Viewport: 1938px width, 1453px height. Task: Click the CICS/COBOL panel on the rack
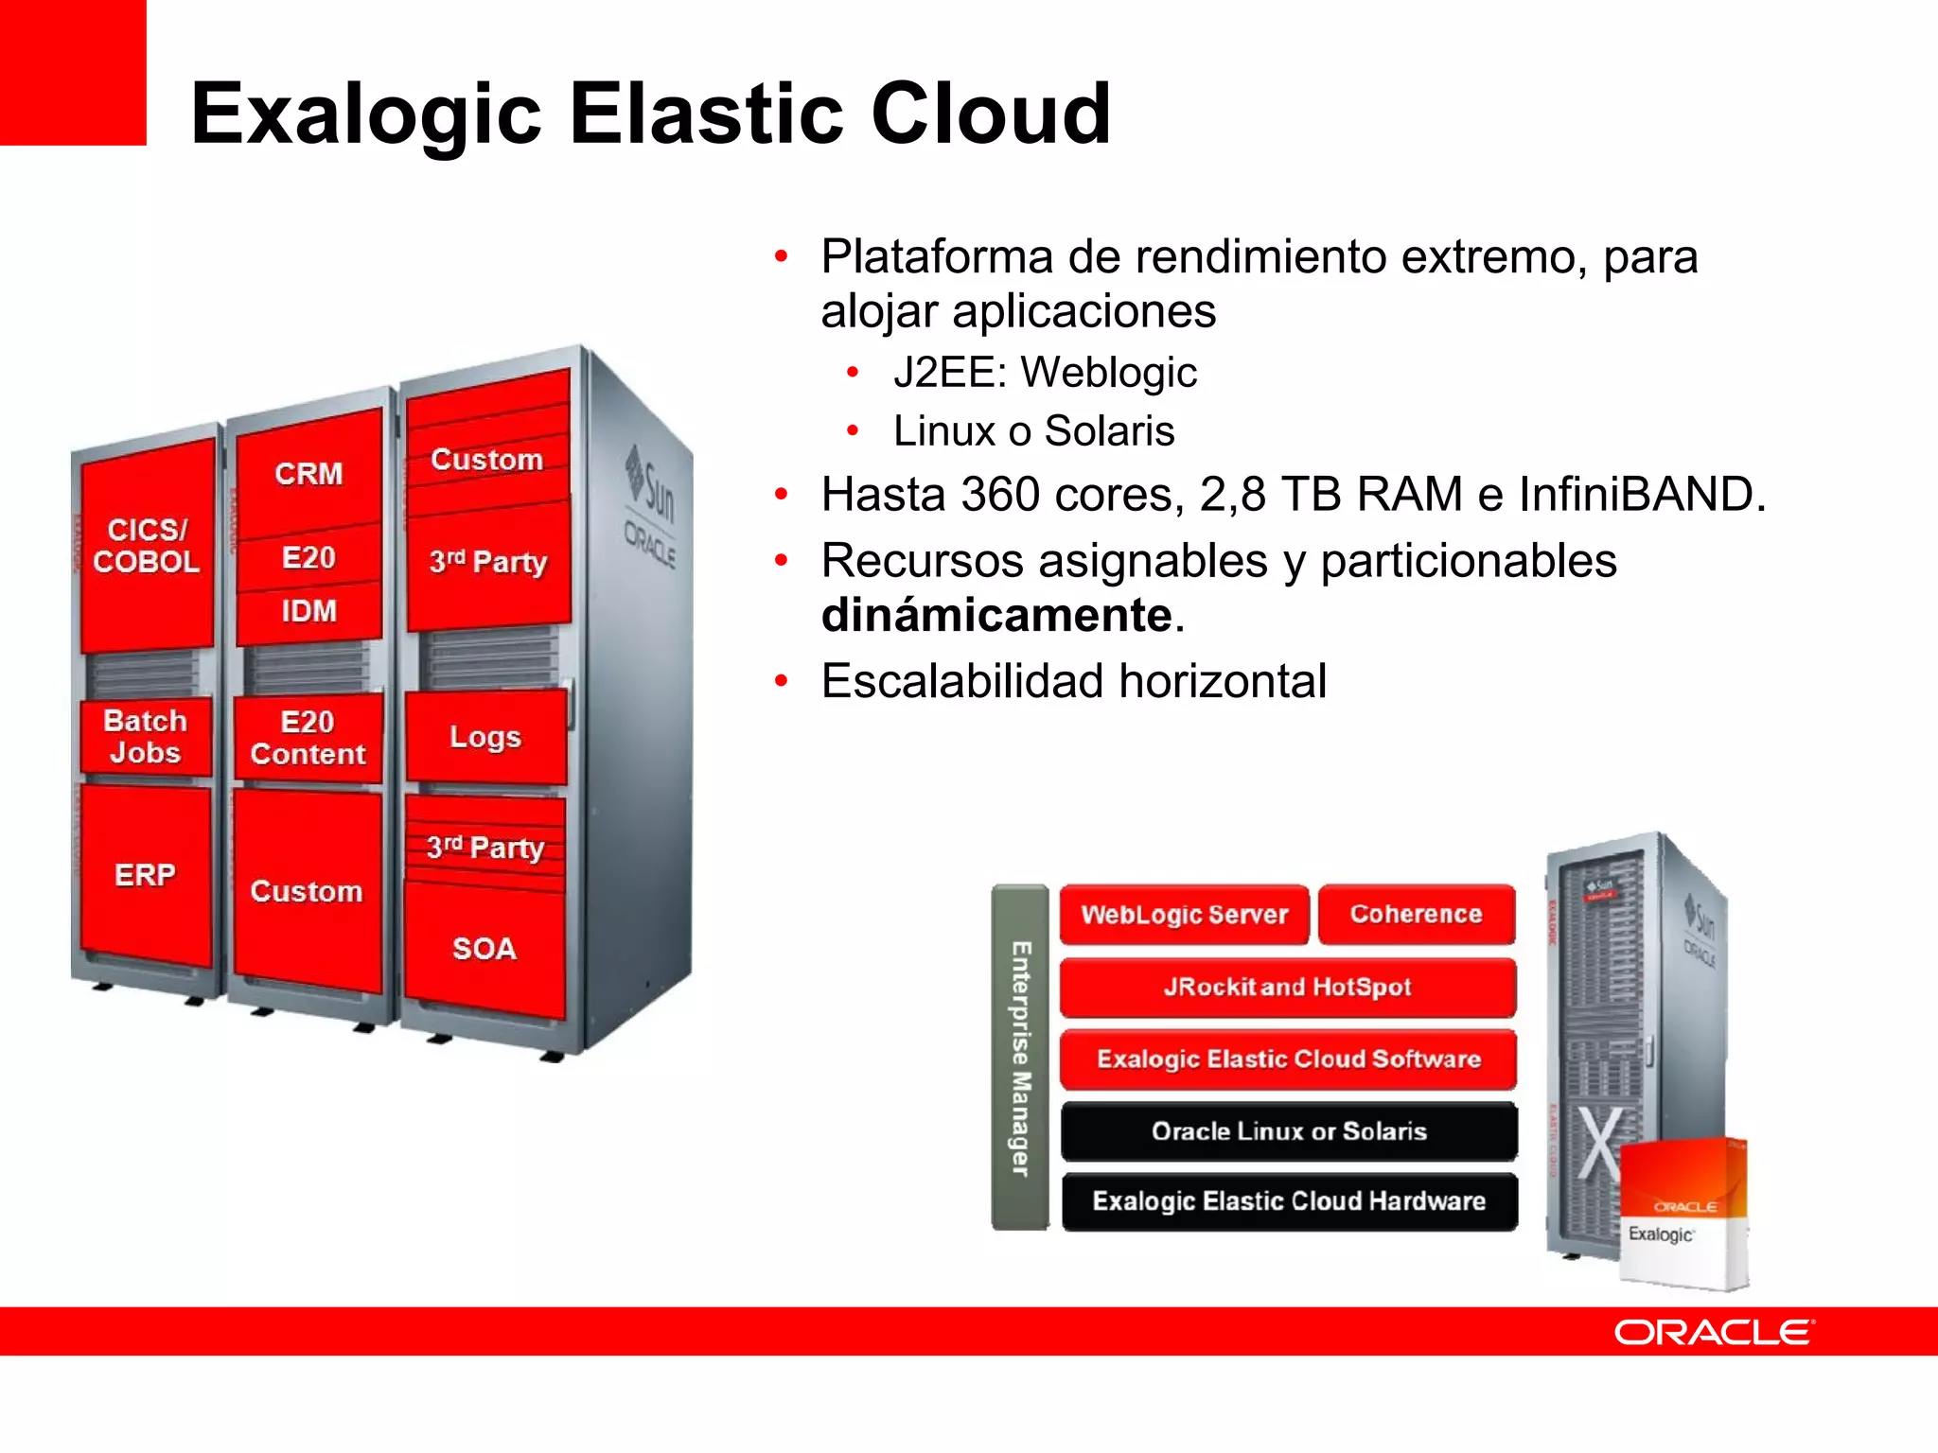(147, 546)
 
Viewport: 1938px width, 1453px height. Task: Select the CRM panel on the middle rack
(308, 473)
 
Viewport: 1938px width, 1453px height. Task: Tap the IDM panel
(308, 611)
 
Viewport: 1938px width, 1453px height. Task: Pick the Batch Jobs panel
(145, 737)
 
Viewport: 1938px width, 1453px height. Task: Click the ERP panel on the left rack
(145, 875)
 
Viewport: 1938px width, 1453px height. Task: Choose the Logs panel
(485, 737)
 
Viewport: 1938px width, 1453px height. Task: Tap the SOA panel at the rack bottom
(484, 949)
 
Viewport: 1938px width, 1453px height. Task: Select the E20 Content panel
(308, 738)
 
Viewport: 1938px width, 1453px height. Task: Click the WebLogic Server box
(1184, 915)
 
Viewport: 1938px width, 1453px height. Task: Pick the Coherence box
(1417, 914)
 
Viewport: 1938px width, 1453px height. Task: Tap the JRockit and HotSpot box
(1287, 987)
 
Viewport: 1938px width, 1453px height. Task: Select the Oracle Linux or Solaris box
(1288, 1131)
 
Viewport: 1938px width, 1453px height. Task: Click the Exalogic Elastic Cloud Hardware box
(1288, 1201)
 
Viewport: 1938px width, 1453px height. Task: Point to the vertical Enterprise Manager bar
(1020, 1058)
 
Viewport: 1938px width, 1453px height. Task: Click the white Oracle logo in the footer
(1714, 1332)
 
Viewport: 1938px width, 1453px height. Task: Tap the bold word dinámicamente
(996, 616)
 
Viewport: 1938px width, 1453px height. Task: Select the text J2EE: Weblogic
(1045, 373)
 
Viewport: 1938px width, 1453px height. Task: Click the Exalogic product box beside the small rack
(1683, 1216)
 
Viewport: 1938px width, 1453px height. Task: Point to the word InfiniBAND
(1641, 495)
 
